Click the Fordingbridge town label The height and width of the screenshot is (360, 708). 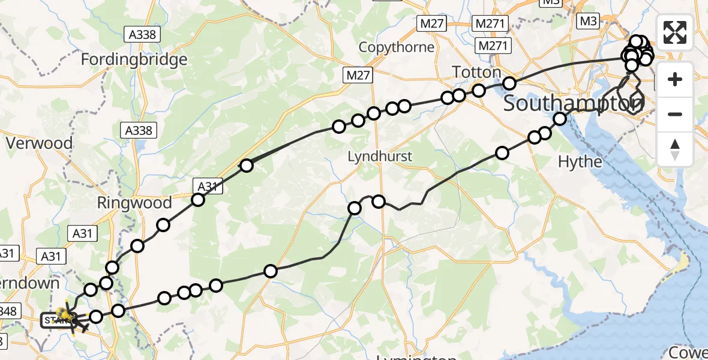pyautogui.click(x=134, y=59)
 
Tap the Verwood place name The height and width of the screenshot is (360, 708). pyautogui.click(x=39, y=143)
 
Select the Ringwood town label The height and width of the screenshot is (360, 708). pyautogui.click(x=134, y=203)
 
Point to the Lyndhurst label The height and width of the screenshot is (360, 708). pyautogui.click(x=380, y=157)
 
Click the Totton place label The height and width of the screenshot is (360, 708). pyautogui.click(x=476, y=73)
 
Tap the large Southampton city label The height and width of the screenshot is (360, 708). pyautogui.click(x=573, y=104)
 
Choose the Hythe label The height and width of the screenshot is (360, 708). pyautogui.click(x=580, y=161)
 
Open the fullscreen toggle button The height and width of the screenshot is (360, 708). pyautogui.click(x=675, y=32)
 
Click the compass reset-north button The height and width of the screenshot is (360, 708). pyautogui.click(x=675, y=149)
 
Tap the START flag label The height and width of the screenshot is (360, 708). pyautogui.click(x=55, y=320)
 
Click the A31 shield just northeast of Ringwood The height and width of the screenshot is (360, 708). pyautogui.click(x=208, y=187)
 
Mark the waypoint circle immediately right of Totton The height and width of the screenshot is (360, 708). pyautogui.click(x=509, y=83)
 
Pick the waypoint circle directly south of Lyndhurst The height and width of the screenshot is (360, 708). pyautogui.click(x=379, y=202)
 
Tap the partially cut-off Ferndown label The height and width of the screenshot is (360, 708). pyautogui.click(x=30, y=283)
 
